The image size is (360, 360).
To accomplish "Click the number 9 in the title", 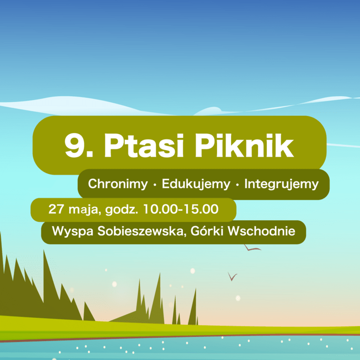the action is pyautogui.click(x=74, y=145).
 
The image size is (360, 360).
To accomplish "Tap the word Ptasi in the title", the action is pyautogui.click(x=144, y=145).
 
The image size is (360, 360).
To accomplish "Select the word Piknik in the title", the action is pyautogui.click(x=244, y=145).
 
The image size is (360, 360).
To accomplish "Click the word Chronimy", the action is pyautogui.click(x=118, y=184).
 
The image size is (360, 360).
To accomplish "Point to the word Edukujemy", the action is pyautogui.click(x=196, y=184).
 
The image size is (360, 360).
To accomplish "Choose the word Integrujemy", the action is pyautogui.click(x=281, y=184).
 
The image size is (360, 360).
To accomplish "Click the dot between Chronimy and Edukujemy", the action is pyautogui.click(x=155, y=185).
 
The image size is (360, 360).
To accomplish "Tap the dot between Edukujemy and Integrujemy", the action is pyautogui.click(x=237, y=185).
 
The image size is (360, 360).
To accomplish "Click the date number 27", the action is pyautogui.click(x=56, y=209).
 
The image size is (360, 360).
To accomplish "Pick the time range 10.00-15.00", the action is pyautogui.click(x=180, y=209).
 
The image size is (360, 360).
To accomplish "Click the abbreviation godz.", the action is pyautogui.click(x=122, y=210).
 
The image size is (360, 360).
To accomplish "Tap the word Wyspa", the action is pyautogui.click(x=72, y=231).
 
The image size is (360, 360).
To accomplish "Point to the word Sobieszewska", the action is pyautogui.click(x=141, y=231).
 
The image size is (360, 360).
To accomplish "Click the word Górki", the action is pyautogui.click(x=207, y=231).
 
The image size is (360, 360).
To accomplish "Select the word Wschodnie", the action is pyautogui.click(x=261, y=231).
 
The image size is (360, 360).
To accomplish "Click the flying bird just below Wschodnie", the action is pyautogui.click(x=252, y=248).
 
